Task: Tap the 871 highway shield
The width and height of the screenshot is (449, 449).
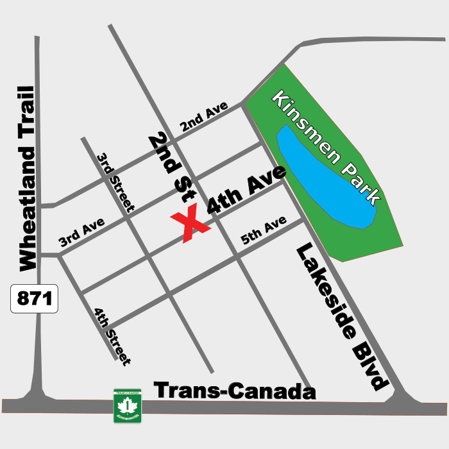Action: pos(34,299)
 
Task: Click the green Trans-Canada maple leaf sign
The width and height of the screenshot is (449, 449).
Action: pos(127,405)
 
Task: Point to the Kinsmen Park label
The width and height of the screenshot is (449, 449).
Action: pos(326,147)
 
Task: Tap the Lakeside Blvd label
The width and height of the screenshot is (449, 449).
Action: pos(343,317)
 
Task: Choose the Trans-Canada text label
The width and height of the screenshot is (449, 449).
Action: pos(235,390)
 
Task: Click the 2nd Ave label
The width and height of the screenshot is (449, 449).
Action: pos(204,117)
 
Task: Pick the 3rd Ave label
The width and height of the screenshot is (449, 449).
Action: pos(81,232)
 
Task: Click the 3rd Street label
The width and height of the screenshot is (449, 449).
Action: pos(115,182)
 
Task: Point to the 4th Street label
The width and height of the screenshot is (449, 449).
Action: pos(112,337)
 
